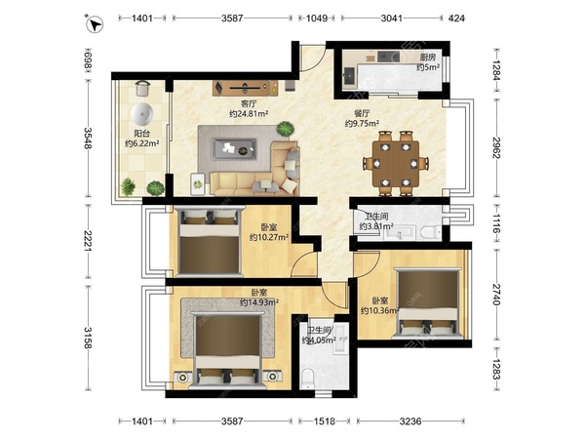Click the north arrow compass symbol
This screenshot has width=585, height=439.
point(95,24)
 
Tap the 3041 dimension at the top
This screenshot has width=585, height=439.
point(392,18)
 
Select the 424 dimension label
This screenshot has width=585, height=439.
point(456,18)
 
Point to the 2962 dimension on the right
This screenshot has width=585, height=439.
point(496,148)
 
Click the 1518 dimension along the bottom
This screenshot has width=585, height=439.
point(325,421)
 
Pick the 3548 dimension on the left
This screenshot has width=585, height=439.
point(88,139)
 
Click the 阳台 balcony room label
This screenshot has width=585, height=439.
point(141,133)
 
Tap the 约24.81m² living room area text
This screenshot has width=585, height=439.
point(249,113)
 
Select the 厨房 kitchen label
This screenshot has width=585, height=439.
point(428,58)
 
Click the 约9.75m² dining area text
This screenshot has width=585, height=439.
point(362,123)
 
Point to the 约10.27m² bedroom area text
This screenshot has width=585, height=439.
point(269,237)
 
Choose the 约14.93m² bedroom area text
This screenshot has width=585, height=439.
point(259,302)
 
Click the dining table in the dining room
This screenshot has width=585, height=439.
point(396,163)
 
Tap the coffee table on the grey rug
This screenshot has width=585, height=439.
point(234,149)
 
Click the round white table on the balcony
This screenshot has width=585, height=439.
point(142,114)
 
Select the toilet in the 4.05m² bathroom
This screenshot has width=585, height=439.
point(307,379)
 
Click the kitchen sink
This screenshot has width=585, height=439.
point(350,76)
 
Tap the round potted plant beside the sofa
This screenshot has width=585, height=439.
point(285,129)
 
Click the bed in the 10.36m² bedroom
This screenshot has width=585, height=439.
point(428,303)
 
